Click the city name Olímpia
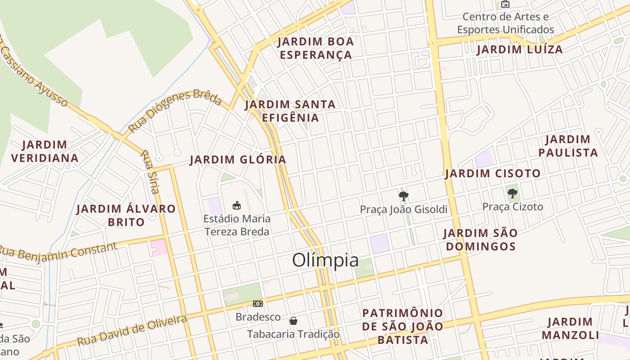pyautogui.click(x=325, y=260)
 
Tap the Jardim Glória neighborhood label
pyautogui.click(x=238, y=160)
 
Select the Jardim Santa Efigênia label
pyautogui.click(x=290, y=111)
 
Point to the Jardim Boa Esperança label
pyautogui.click(x=315, y=48)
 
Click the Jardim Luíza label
pyautogui.click(x=520, y=49)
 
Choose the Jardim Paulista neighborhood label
pyautogui.click(x=568, y=146)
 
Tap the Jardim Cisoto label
pyautogui.click(x=493, y=174)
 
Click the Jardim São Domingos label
pyautogui.click(x=480, y=240)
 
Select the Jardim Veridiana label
pyautogui.click(x=45, y=151)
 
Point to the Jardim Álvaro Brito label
pyautogui.click(x=126, y=215)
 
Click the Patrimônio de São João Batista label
pyautogui.click(x=403, y=326)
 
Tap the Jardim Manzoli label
pyautogui.click(x=570, y=328)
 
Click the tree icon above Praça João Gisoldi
pyautogui.click(x=404, y=196)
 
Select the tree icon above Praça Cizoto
pyautogui.click(x=512, y=193)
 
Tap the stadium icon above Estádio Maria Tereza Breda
pyautogui.click(x=236, y=205)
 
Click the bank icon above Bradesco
pyautogui.click(x=257, y=304)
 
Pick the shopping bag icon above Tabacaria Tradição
pyautogui.click(x=293, y=320)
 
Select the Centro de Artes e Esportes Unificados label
pyautogui.click(x=505, y=23)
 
